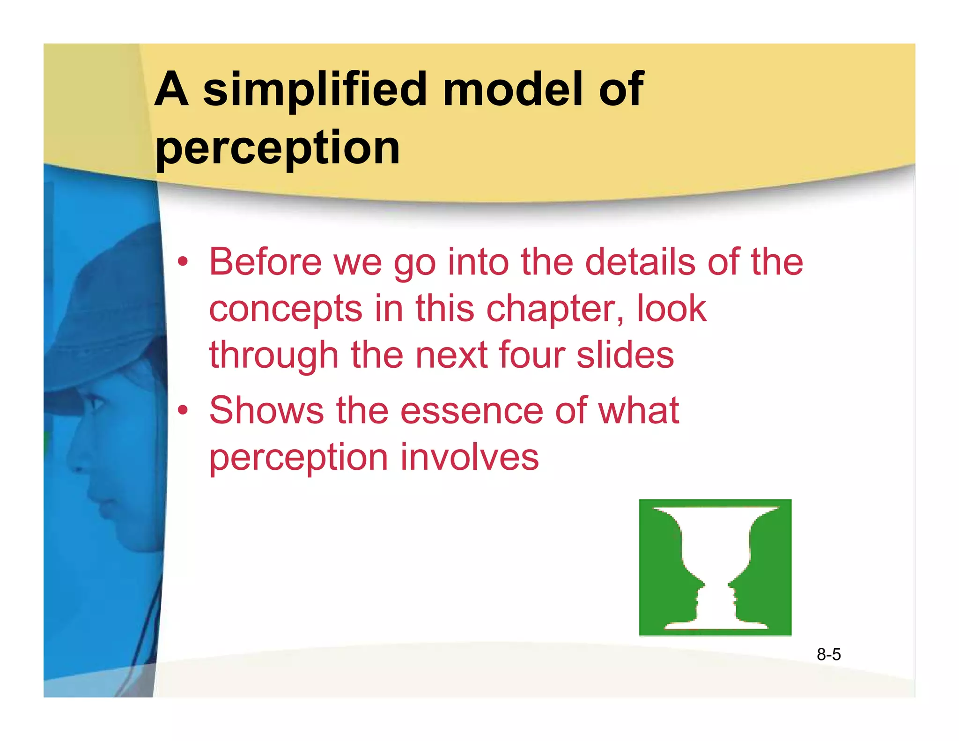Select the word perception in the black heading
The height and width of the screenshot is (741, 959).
(277, 148)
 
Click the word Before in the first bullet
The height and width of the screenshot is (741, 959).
(265, 262)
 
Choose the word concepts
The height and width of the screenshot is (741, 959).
(286, 309)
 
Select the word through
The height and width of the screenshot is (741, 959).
(273, 356)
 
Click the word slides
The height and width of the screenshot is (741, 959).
(625, 356)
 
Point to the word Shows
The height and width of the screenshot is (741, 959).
(266, 411)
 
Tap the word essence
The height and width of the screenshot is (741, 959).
(472, 411)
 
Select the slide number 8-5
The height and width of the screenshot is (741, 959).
(828, 654)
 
